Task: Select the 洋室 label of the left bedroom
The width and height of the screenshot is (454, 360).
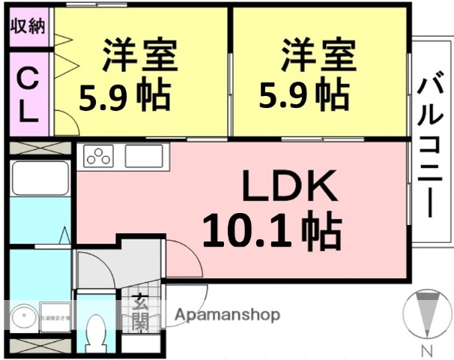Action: [x=140, y=53]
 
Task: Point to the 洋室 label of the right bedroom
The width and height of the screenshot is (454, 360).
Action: [x=318, y=53]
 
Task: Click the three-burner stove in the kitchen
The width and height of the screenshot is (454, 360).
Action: [x=98, y=157]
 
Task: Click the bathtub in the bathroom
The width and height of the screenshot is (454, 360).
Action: [x=40, y=179]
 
